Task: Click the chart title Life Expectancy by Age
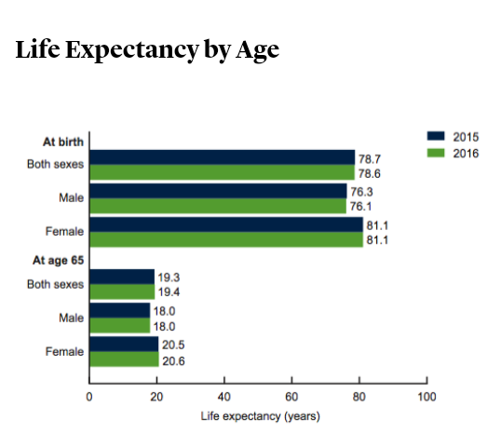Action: coord(147,50)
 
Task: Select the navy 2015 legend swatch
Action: coord(436,136)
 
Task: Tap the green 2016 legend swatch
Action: coord(436,153)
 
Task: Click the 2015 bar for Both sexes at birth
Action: coord(223,157)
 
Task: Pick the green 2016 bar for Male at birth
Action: coord(218,206)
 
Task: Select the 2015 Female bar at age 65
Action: coord(124,345)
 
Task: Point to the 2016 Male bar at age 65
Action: coord(120,325)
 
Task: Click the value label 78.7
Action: coord(370,159)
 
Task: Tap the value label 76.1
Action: coord(360,207)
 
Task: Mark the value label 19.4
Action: coord(169,292)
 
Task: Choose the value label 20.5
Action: coord(173,345)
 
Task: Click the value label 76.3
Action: coord(361,192)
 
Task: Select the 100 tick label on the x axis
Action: coord(427,397)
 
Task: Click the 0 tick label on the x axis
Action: coord(89,397)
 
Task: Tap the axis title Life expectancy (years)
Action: coord(261,416)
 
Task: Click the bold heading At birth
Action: coord(63,142)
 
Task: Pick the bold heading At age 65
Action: coord(58,261)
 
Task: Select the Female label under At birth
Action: coord(64,231)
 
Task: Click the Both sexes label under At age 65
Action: coord(55,284)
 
